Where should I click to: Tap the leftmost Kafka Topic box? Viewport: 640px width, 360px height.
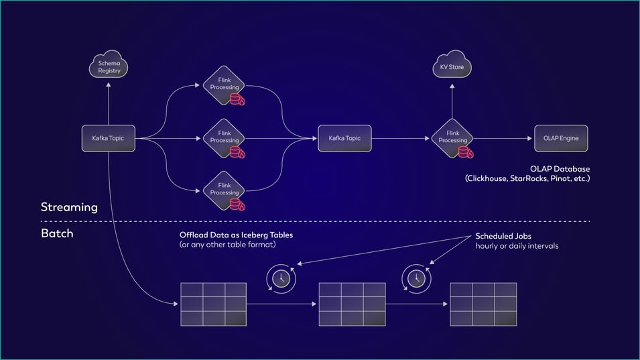coord(108,138)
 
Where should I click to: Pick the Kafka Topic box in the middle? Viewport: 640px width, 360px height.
coord(344,138)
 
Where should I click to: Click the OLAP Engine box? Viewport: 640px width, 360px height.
coord(561,138)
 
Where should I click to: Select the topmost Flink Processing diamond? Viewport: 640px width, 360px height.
coord(224,86)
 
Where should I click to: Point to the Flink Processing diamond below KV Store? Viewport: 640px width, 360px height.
coord(452,137)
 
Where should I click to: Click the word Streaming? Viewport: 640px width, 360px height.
coord(69,207)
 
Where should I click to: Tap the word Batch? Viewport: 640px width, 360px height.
coord(57,234)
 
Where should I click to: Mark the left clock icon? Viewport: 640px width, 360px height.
coord(280,278)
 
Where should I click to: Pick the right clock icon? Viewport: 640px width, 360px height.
coord(416,278)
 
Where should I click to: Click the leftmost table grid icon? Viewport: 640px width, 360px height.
coord(213,304)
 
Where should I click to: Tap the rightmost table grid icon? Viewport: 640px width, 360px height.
coord(483,304)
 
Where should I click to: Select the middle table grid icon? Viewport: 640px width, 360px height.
coord(352,304)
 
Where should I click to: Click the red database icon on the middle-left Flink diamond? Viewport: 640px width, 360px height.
coord(237,152)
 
